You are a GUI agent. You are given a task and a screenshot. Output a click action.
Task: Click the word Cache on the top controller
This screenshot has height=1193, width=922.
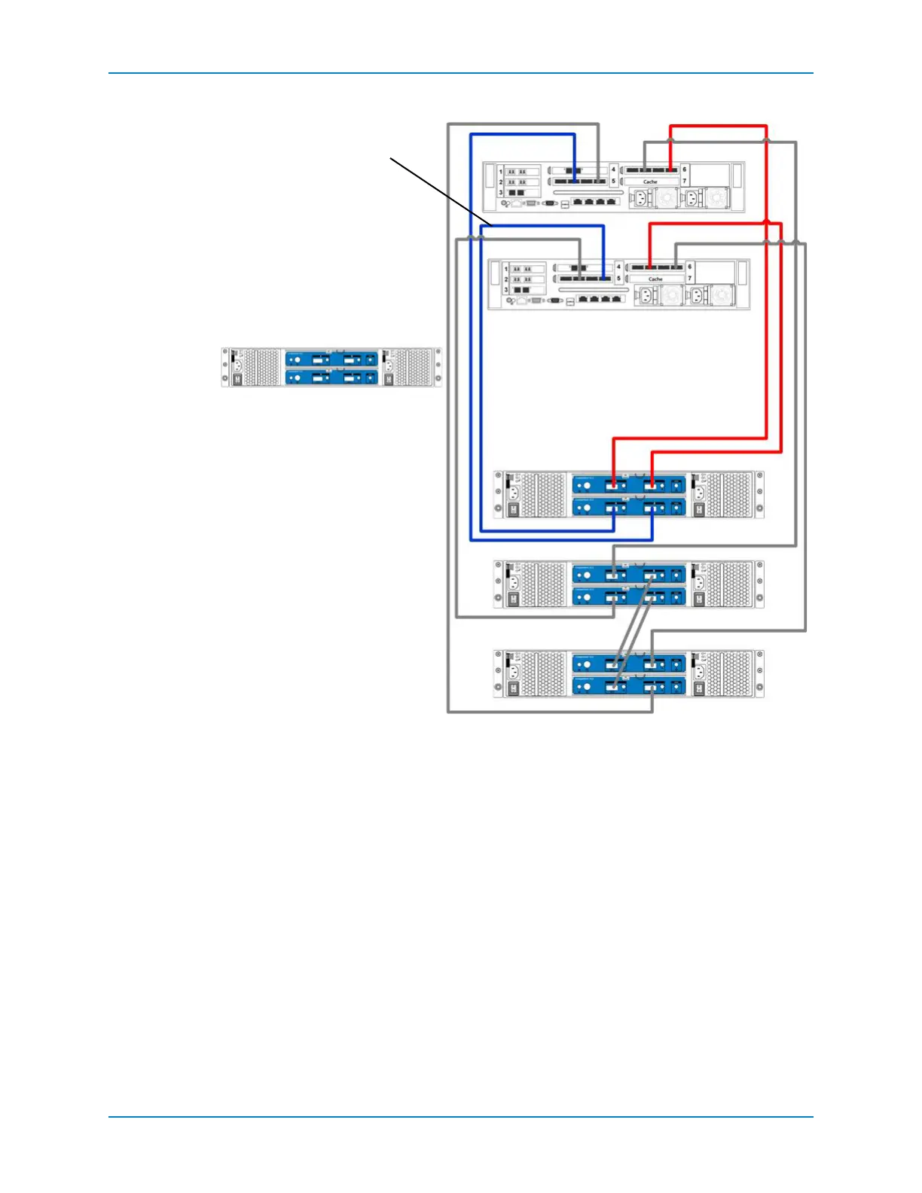point(650,182)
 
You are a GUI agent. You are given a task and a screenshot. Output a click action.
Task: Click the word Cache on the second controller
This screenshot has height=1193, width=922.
point(655,279)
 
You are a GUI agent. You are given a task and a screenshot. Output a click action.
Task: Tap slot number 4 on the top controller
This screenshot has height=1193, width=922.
point(613,169)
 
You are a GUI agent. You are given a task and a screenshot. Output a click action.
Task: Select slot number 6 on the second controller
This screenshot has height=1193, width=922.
point(689,267)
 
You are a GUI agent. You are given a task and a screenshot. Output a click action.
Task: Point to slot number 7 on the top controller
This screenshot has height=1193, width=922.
point(684,182)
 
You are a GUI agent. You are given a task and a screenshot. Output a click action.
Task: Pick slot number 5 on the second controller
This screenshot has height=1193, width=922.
point(618,279)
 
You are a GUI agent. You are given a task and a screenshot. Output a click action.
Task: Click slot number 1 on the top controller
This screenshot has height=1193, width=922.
point(501,172)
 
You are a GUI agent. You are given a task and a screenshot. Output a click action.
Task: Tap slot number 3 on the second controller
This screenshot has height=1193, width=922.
point(506,290)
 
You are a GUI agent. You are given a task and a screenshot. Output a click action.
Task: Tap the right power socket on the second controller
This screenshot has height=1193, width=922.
point(698,295)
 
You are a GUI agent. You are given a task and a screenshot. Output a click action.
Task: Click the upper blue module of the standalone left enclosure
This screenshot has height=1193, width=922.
point(331,359)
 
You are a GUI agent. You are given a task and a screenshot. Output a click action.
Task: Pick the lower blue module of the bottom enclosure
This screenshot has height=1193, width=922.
point(629,686)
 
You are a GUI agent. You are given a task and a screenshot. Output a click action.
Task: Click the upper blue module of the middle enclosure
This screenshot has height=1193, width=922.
point(629,574)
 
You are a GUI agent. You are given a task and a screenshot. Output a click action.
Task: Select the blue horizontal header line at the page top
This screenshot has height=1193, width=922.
point(461,73)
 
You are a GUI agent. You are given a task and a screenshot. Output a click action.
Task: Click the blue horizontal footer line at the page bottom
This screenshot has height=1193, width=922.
point(461,1117)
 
